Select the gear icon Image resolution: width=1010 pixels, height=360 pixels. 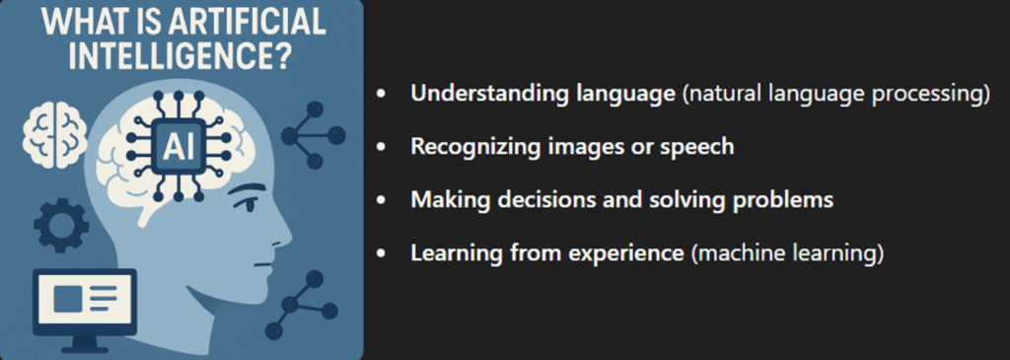coord(61,226)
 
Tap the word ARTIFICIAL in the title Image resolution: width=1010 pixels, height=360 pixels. coord(248,22)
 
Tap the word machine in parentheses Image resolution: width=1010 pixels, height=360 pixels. coord(734,252)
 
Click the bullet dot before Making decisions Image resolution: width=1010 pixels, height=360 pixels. coord(382,201)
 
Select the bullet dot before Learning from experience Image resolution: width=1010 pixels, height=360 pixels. coord(382,253)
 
